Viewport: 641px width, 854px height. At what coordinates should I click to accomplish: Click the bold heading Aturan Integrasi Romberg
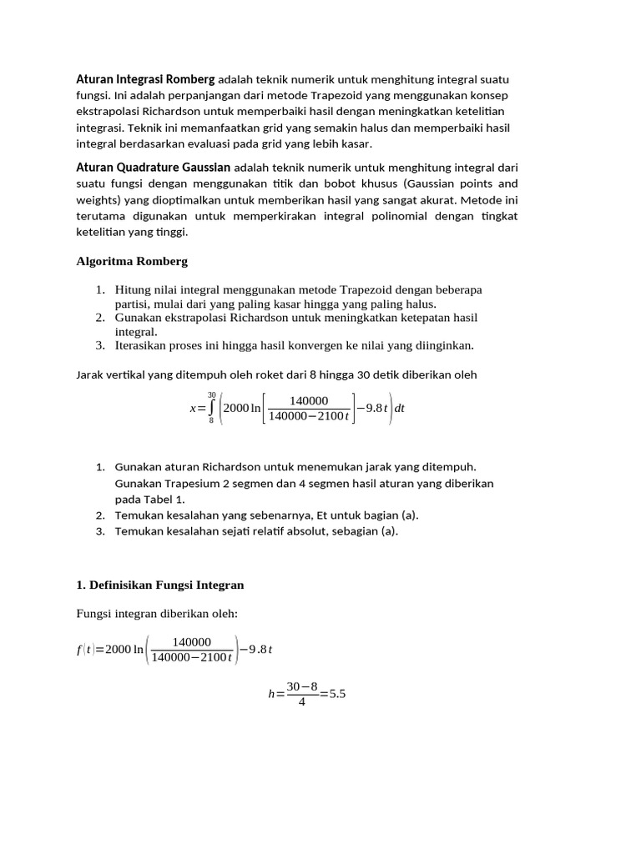(x=145, y=80)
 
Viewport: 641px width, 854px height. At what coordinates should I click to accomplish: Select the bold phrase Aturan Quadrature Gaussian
(x=154, y=168)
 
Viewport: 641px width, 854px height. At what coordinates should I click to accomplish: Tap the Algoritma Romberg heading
(x=132, y=261)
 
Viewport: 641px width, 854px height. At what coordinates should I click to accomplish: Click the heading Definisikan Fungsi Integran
(x=160, y=585)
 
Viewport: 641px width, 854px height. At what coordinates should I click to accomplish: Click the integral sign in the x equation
(x=211, y=408)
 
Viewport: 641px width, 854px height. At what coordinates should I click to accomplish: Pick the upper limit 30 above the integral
(x=211, y=394)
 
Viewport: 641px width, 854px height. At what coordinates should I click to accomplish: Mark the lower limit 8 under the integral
(x=211, y=421)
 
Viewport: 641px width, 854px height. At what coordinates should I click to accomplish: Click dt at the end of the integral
(x=399, y=409)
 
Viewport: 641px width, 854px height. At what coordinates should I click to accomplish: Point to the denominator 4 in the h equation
(x=301, y=702)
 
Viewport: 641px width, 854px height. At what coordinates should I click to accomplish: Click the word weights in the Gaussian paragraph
(x=96, y=200)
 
